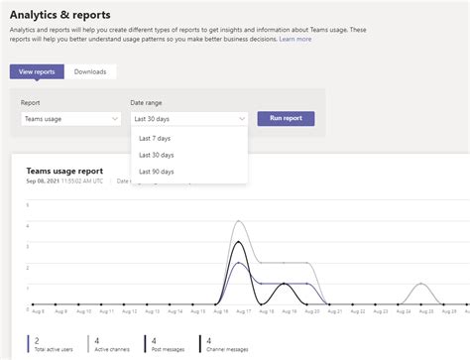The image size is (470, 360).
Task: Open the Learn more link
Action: tap(294, 39)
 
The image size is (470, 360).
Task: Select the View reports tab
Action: tap(37, 71)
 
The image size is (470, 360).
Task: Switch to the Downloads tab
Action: tap(90, 71)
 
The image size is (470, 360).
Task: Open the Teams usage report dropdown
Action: tap(70, 119)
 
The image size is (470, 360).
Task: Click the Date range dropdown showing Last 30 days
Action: tap(188, 119)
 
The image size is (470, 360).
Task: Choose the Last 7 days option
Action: tap(157, 139)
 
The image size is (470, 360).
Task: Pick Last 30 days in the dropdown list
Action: tap(157, 155)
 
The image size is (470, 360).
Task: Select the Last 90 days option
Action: tap(157, 172)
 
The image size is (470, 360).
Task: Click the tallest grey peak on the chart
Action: tap(239, 221)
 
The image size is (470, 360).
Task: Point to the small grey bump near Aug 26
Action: tap(423, 285)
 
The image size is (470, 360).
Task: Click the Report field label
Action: tap(30, 102)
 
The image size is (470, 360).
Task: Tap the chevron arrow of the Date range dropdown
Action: tap(241, 119)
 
